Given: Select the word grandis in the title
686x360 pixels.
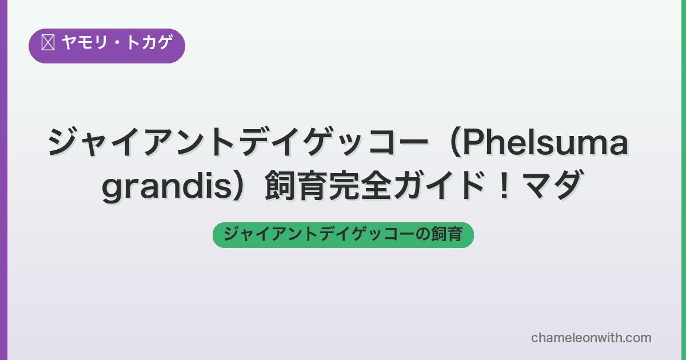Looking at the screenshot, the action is tap(166, 187).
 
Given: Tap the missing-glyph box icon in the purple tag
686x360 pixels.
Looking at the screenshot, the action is tap(48, 42).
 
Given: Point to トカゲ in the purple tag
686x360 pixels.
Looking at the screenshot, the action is tap(149, 42).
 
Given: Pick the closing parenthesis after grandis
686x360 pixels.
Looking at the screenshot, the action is tap(240, 186).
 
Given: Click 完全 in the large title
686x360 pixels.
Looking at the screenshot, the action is tap(361, 186).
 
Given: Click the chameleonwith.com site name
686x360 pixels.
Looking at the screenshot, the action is tap(591, 338).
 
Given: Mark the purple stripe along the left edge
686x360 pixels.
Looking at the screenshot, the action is tap(3, 180).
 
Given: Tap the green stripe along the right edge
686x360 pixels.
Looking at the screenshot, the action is tap(684, 180).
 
